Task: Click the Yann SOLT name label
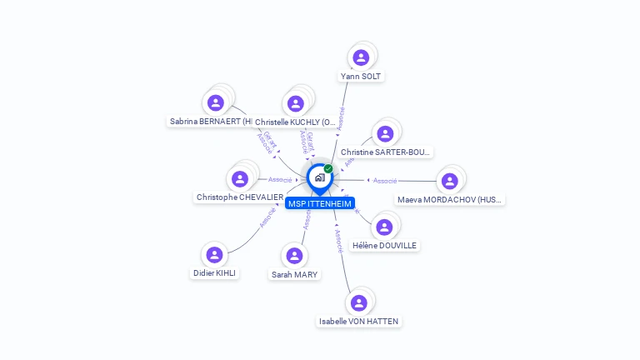coord(362,76)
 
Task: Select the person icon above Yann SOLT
coord(361,57)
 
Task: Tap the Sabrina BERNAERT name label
coord(210,122)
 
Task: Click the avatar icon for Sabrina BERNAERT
coord(216,103)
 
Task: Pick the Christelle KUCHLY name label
coord(295,122)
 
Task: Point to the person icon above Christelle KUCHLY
coord(295,104)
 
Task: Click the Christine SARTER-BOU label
coord(386,152)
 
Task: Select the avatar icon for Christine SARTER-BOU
coord(385,133)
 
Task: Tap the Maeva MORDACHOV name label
coord(450,200)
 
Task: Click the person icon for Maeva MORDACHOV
coord(450,182)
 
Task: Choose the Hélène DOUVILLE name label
coord(384,245)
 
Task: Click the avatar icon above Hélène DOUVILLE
coord(384,227)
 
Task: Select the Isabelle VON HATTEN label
coord(359,321)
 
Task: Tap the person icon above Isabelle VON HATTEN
coord(359,302)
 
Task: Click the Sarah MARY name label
coord(294,274)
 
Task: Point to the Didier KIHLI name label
coord(215,273)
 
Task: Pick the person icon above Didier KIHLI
coord(215,255)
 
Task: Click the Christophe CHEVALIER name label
coord(240,197)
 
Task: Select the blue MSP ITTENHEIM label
coord(320,203)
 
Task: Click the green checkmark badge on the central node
coord(328,169)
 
